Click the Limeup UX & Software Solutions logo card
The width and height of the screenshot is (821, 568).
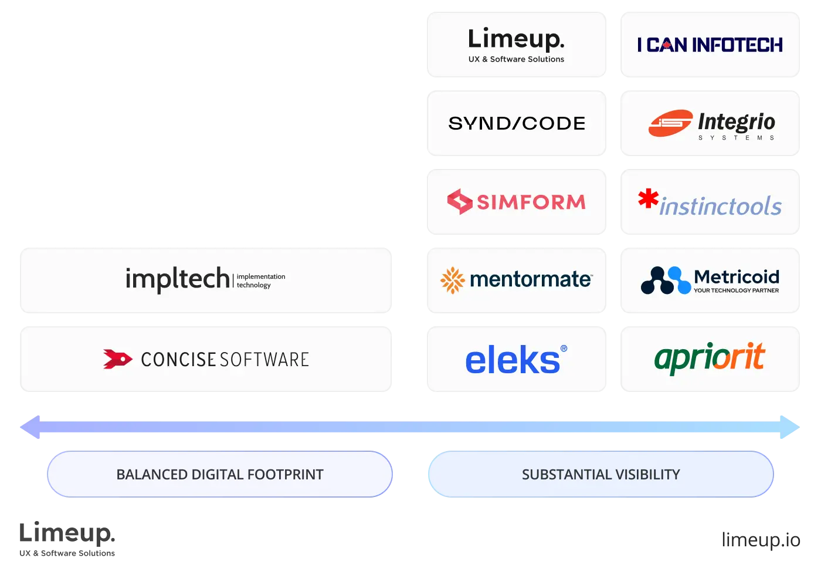point(516,45)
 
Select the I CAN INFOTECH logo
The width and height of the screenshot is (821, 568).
point(710,45)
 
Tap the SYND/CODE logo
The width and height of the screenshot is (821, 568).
point(517,123)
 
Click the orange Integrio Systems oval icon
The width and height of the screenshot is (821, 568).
point(670,123)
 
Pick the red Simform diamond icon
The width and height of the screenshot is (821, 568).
point(460,202)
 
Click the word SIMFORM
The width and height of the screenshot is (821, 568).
point(531,202)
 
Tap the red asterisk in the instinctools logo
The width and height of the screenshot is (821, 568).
point(648,198)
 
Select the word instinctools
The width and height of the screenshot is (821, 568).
point(721,207)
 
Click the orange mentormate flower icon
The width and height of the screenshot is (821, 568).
point(453,280)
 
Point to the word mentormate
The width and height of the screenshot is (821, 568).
point(531,279)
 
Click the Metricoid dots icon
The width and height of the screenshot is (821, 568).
point(666,280)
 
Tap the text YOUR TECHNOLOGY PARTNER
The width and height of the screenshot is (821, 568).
point(737,290)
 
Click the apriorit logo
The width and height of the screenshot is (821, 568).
point(710,357)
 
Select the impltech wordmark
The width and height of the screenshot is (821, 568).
point(177,279)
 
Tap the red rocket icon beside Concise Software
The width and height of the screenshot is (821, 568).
point(117,359)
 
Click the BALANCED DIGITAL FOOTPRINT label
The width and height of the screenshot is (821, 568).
point(220,474)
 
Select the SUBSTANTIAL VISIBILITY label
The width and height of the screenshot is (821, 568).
point(601,474)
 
